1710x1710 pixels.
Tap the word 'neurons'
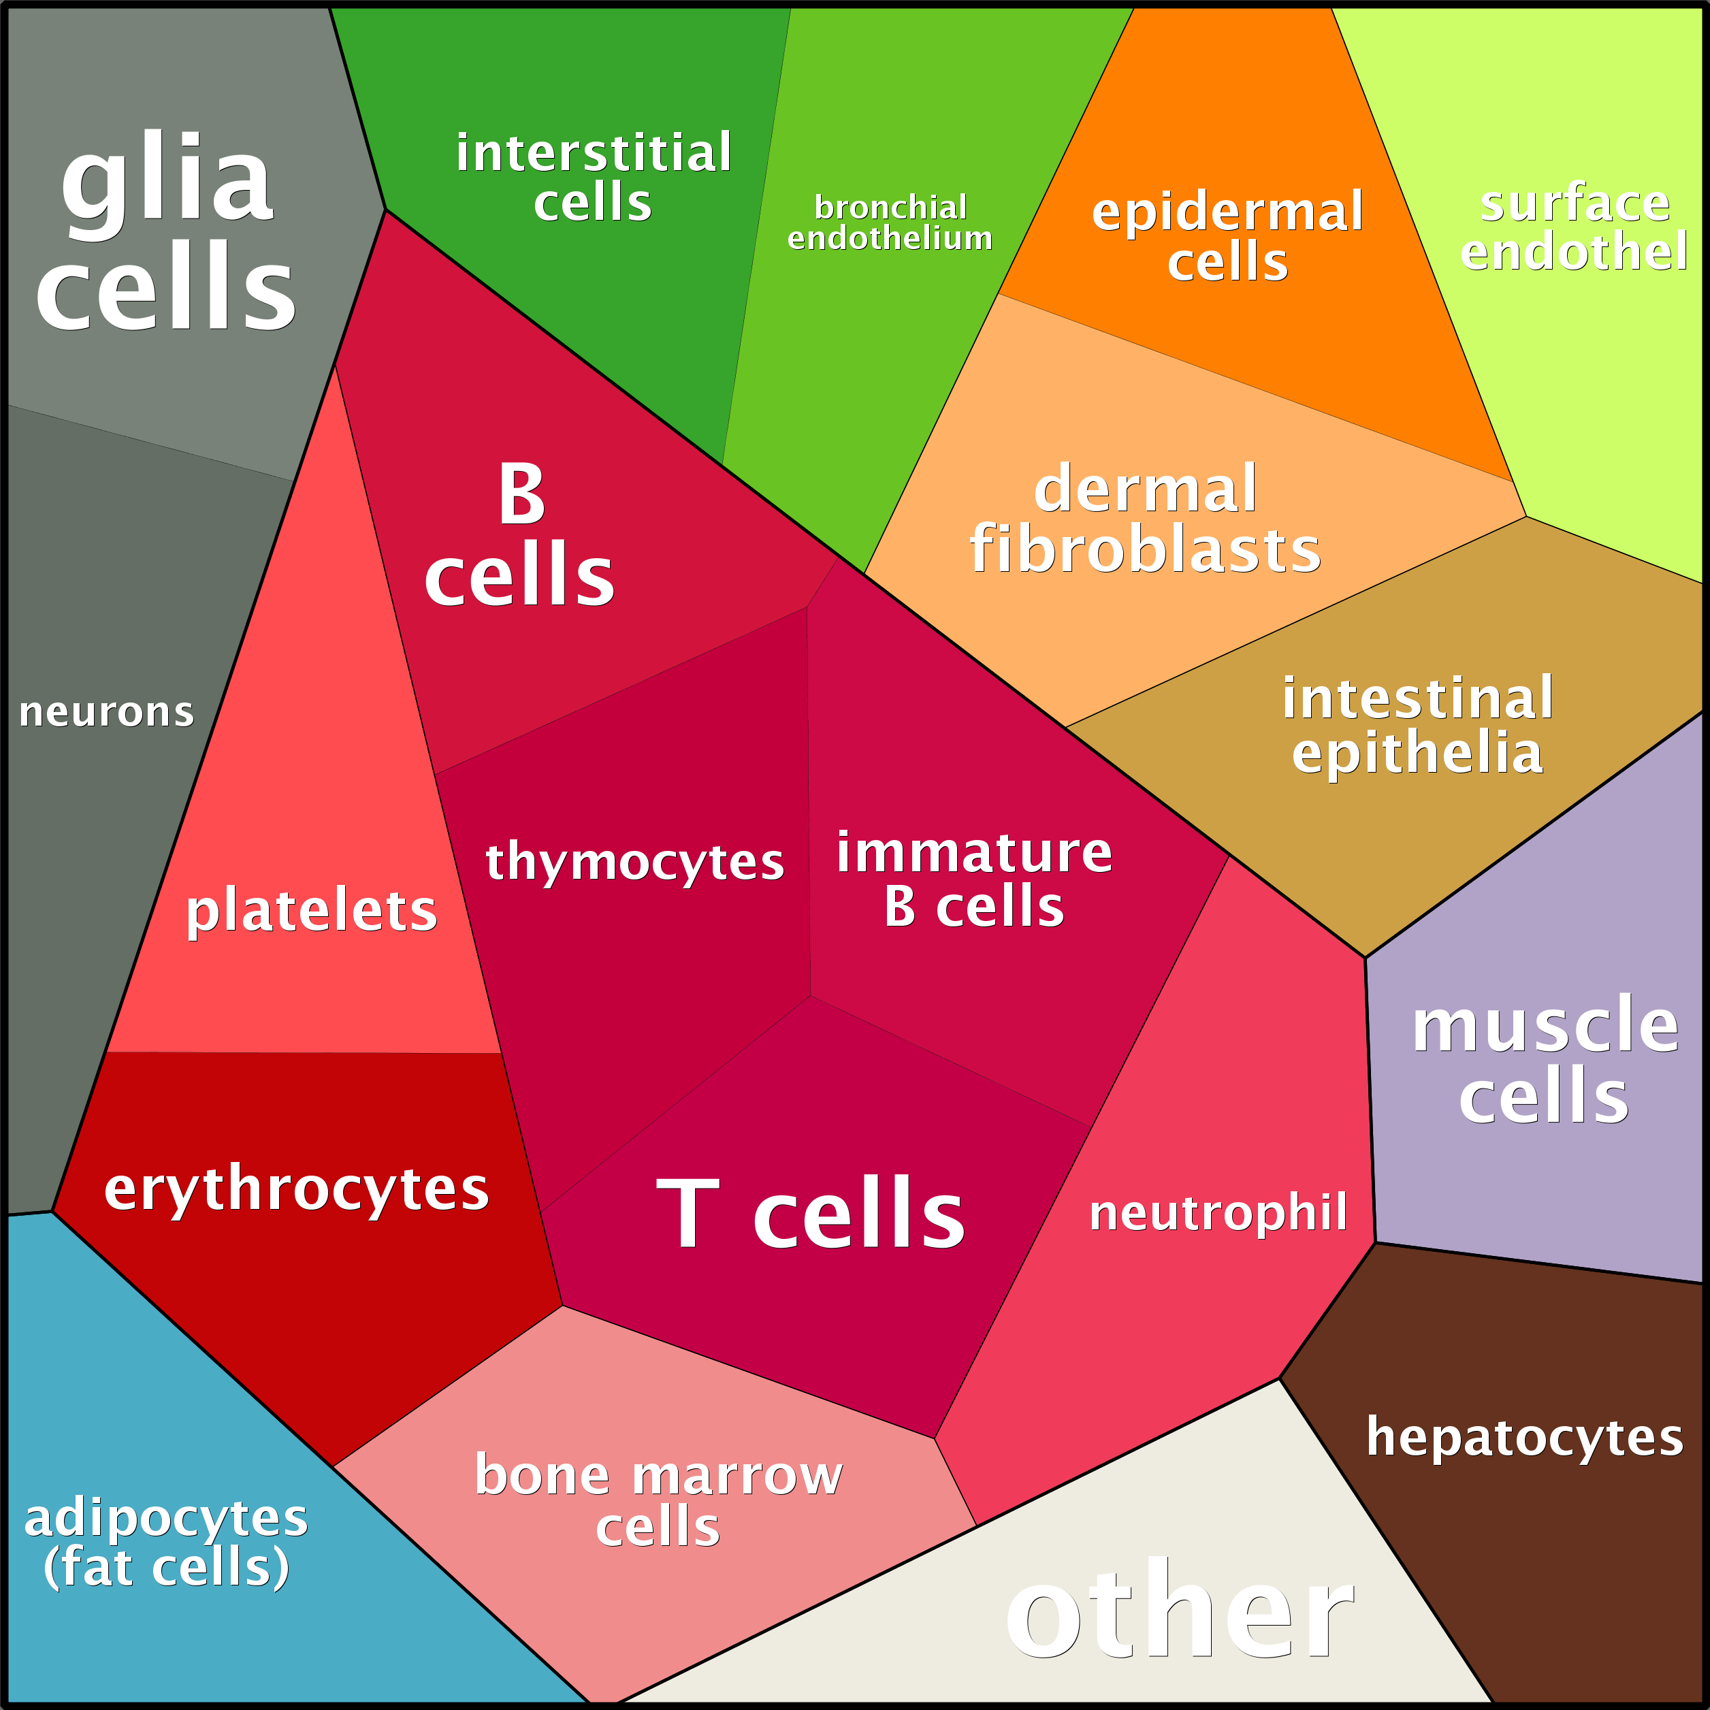pos(106,713)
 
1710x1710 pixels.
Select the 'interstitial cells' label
pos(593,177)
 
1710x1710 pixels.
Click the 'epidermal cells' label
pos(1227,236)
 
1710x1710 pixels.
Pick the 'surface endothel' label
pos(1574,227)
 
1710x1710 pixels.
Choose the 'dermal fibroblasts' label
pos(1145,519)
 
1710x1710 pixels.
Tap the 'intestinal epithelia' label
pos(1418,725)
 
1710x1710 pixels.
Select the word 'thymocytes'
pos(634,861)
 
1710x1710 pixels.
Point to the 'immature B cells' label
pos(973,879)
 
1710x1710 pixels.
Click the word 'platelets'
pos(312,911)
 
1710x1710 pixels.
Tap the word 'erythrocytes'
pos(297,1189)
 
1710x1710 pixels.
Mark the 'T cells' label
pos(811,1214)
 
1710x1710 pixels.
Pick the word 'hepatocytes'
pos(1524,1438)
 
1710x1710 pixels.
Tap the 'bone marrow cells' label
pos(658,1500)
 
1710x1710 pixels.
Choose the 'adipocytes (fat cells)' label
pos(166,1542)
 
